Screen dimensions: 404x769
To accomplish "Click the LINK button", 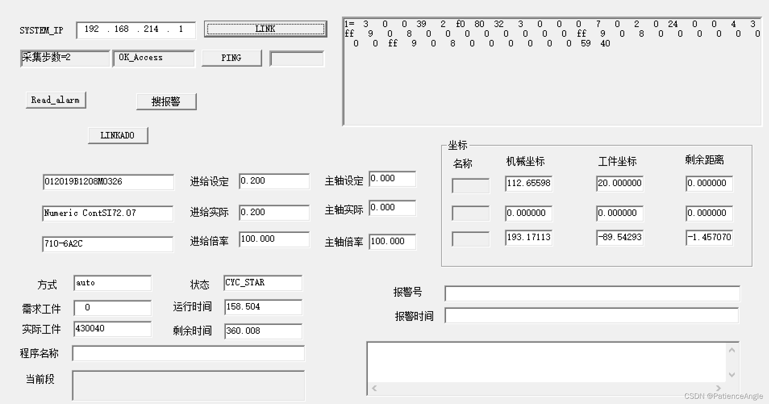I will [x=265, y=29].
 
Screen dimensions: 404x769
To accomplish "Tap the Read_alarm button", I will [x=56, y=100].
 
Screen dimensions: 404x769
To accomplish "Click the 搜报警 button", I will [x=166, y=101].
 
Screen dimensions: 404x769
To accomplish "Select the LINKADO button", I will [x=118, y=136].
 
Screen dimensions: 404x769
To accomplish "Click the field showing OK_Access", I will [x=153, y=58].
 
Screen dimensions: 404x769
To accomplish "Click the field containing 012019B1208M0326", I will [x=108, y=182].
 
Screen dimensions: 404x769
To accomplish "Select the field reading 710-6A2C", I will [x=108, y=244].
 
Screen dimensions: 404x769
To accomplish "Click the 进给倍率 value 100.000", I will [x=274, y=239].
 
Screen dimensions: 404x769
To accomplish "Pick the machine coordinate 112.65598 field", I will [x=528, y=183].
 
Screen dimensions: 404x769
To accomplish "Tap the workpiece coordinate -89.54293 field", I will [x=619, y=237].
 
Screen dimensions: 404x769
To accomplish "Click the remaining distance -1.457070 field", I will [x=709, y=237].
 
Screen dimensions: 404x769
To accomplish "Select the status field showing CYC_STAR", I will [x=263, y=283].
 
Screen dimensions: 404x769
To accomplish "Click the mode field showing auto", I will [x=112, y=283].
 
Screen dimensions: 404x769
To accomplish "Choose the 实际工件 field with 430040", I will [x=112, y=329].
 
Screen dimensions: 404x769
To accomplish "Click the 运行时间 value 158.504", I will [x=263, y=307].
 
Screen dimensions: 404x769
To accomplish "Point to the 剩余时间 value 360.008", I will [x=263, y=331].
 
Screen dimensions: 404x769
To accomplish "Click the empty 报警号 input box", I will [x=592, y=293].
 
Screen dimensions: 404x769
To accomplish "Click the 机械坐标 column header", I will [x=525, y=161].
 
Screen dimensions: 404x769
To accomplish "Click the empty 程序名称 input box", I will [x=188, y=354].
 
